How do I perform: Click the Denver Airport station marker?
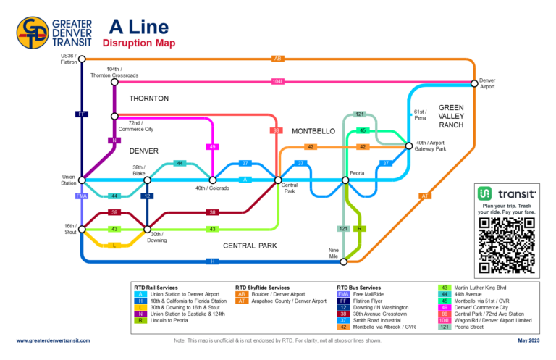click(474, 82)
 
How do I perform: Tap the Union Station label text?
click(68, 179)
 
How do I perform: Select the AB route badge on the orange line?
click(278, 59)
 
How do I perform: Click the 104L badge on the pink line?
click(278, 82)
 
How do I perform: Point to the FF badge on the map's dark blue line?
click(82, 114)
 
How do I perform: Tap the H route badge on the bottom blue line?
click(213, 261)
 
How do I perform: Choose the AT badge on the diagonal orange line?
click(425, 196)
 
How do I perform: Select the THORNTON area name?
click(149, 98)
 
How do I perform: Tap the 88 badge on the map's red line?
click(276, 130)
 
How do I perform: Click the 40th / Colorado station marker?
click(213, 180)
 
